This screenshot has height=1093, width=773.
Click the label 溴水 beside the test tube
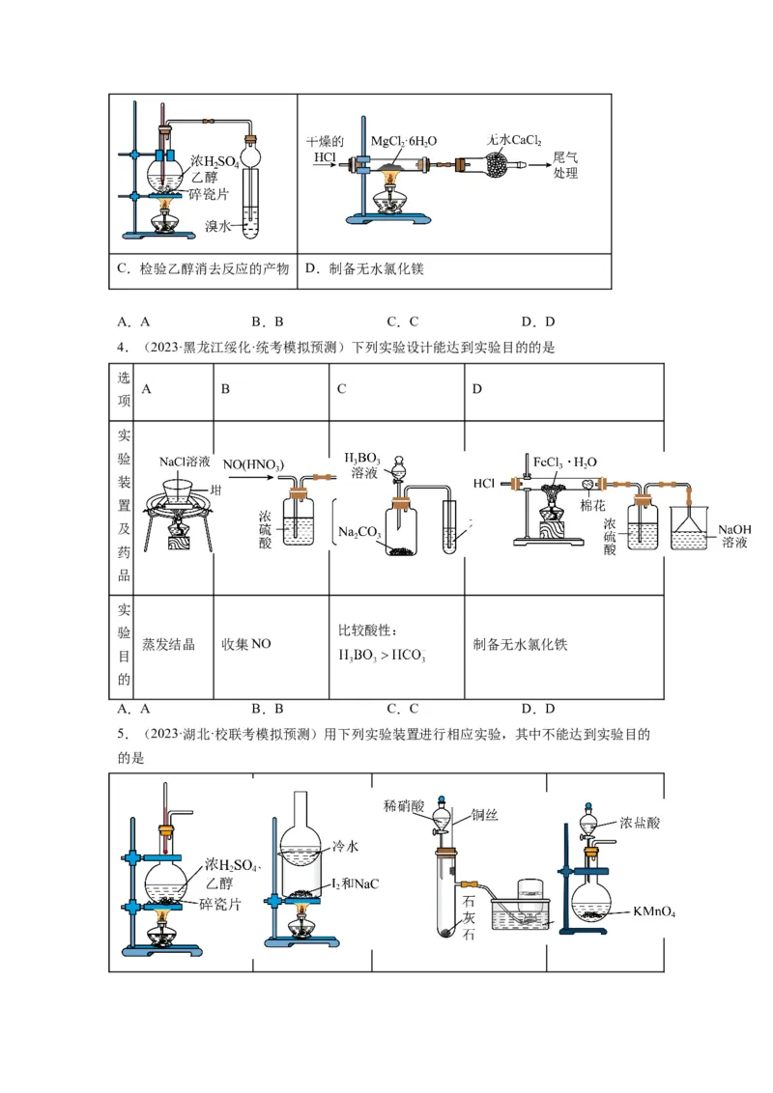point(217,227)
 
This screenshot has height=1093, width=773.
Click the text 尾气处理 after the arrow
point(565,165)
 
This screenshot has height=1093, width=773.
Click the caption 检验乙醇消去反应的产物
point(202,269)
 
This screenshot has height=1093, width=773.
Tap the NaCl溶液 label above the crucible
point(185,462)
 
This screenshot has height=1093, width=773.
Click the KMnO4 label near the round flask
point(654,911)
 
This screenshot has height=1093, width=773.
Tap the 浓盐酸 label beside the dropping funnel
point(640,823)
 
